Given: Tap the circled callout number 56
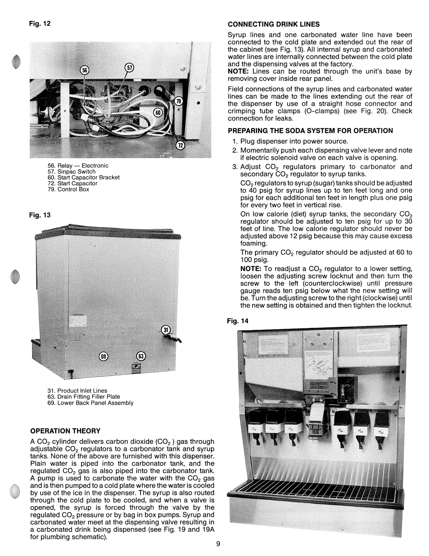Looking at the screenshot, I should tap(84, 70).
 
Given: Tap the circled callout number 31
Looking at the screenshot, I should tap(166, 329).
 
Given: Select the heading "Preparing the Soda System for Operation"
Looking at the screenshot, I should tap(310, 130).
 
